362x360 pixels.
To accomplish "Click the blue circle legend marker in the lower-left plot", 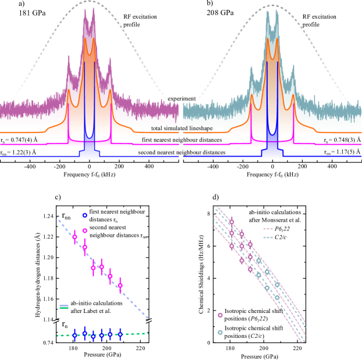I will click(x=85, y=215).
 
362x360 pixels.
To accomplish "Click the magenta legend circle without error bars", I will click(x=85, y=231).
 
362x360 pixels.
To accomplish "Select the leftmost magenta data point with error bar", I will click(x=74, y=237).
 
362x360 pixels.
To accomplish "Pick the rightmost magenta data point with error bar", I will click(x=120, y=285).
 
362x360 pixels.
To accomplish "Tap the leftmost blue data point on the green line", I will click(x=74, y=335).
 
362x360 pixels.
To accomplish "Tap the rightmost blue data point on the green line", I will click(x=120, y=334).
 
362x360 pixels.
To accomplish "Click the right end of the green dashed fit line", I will click(x=148, y=333).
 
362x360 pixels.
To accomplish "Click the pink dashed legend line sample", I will click(x=268, y=229).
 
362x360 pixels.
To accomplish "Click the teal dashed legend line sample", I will click(x=268, y=237).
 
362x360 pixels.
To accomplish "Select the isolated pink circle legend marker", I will click(x=220, y=315).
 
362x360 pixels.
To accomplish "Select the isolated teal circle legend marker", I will click(x=220, y=333).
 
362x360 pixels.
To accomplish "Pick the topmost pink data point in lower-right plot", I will click(x=231, y=222).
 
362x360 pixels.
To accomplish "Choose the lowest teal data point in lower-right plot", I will click(x=277, y=297).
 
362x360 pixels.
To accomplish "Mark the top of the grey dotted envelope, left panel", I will click(x=89, y=2).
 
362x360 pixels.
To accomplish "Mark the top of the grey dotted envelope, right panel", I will click(x=272, y=6).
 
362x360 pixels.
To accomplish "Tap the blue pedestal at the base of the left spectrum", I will click(x=89, y=153).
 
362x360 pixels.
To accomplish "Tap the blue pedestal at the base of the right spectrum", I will click(x=272, y=152).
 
